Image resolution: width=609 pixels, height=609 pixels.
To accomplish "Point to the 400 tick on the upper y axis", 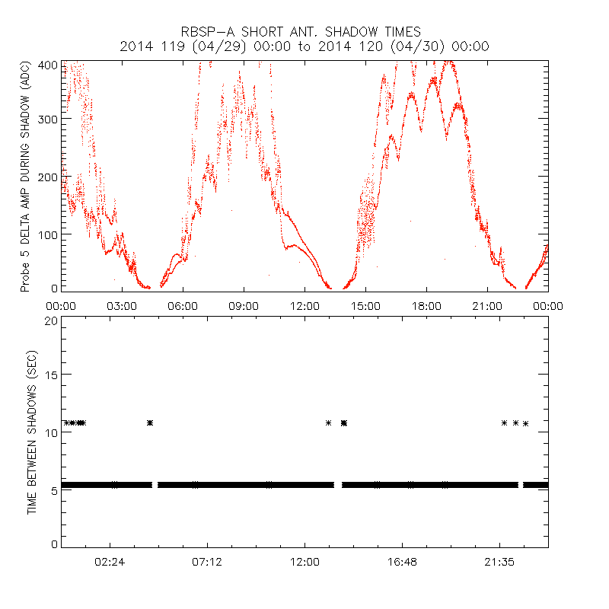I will (47, 65).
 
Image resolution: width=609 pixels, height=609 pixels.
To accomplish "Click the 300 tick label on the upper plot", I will (47, 120).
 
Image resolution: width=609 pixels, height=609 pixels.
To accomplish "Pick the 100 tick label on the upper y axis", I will (47, 234).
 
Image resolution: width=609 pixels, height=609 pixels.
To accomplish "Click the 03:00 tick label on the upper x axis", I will (122, 306).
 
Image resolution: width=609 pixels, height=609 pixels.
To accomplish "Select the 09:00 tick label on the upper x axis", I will (244, 306).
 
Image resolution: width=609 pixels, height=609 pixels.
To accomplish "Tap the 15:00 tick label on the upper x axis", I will (365, 306).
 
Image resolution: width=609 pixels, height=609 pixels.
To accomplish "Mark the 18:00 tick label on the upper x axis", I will (426, 306).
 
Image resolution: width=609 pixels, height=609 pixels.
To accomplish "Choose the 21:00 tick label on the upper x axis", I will (487, 306).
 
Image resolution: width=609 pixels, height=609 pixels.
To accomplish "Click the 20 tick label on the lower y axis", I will (50, 321).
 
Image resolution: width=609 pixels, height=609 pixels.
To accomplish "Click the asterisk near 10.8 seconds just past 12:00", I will (328, 422).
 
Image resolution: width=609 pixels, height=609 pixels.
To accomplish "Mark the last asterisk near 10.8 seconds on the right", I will (525, 423).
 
